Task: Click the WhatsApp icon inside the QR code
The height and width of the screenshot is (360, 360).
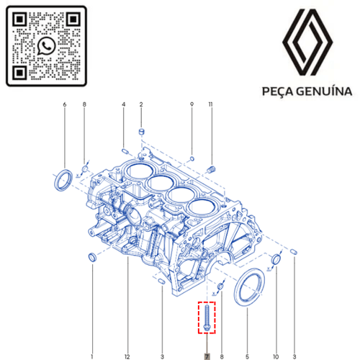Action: point(46,46)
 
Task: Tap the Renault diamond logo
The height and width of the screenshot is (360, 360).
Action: point(307,42)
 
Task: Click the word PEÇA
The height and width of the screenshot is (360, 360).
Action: point(278,91)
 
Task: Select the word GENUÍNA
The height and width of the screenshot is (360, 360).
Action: point(324,91)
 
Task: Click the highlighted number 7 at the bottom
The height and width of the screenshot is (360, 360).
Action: point(207,356)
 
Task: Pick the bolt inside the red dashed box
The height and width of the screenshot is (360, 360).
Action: point(207,318)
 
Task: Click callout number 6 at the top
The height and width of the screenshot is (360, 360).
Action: point(65,104)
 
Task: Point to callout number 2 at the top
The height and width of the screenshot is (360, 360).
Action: point(141,104)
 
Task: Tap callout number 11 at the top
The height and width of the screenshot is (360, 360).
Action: point(210,104)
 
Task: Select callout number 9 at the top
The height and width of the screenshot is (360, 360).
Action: point(192,104)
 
